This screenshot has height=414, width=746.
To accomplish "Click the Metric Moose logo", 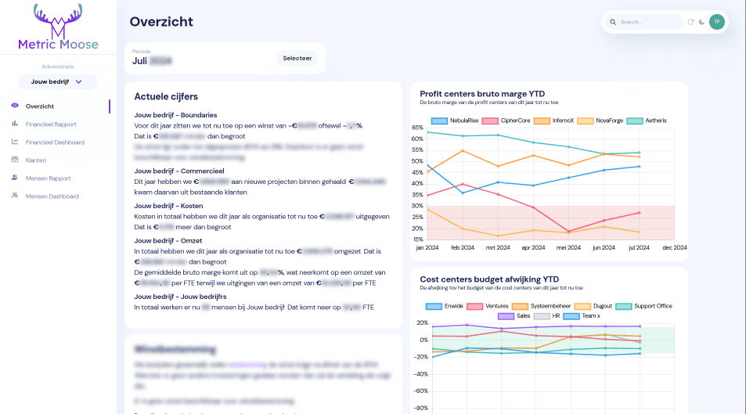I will tap(57, 27).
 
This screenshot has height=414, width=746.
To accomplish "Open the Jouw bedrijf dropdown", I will tap(57, 81).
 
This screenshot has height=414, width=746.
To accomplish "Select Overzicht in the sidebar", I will tap(39, 106).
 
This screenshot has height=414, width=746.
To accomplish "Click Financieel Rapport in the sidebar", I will tap(51, 124).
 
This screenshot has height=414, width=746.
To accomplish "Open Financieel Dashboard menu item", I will tap(54, 142).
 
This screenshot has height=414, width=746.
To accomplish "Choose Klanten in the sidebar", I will tap(36, 160).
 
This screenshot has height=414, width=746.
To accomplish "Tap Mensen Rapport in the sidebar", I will tap(48, 178).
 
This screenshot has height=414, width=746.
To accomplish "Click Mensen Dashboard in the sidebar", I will tap(52, 196).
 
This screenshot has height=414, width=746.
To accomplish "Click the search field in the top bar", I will tap(648, 22).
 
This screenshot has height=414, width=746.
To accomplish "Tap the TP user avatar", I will tap(716, 22).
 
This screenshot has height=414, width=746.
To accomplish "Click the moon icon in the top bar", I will tap(701, 22).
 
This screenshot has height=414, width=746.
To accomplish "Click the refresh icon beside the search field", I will tap(690, 22).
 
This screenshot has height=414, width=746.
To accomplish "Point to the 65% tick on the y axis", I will tap(416, 139).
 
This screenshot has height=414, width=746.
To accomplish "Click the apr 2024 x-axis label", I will tap(533, 247).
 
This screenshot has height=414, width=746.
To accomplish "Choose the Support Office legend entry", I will tap(644, 305).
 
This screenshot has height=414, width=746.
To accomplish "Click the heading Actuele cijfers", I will tap(166, 96).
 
